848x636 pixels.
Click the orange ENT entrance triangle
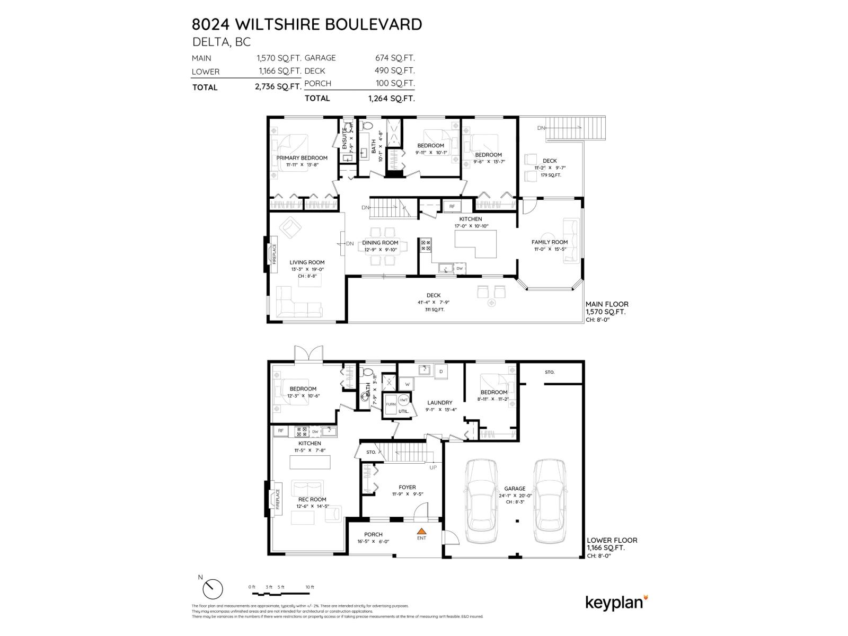(x=421, y=531)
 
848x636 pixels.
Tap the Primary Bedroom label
(x=302, y=158)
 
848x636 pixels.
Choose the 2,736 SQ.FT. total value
(x=278, y=87)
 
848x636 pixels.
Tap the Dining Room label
(x=380, y=243)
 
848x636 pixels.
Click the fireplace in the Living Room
(x=273, y=254)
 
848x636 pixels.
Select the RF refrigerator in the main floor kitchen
(x=452, y=206)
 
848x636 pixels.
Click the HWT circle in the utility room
(x=403, y=400)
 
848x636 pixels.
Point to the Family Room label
(x=550, y=242)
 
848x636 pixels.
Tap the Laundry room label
(x=439, y=403)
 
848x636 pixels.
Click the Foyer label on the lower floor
(x=407, y=487)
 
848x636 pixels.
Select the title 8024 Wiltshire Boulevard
(x=307, y=24)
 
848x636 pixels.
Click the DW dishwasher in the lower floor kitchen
(x=315, y=431)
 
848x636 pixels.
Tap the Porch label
(x=373, y=534)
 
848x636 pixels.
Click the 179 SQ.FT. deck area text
(x=551, y=175)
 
